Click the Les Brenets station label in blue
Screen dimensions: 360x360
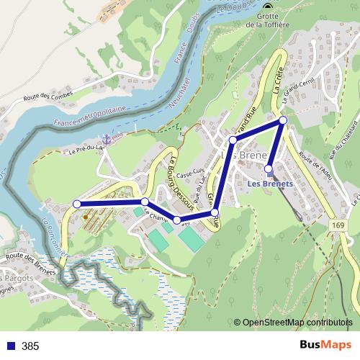(x=271, y=183)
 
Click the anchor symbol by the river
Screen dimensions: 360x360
(x=107, y=138)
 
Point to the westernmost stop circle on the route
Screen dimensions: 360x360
(x=77, y=204)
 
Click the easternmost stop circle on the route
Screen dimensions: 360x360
(x=283, y=120)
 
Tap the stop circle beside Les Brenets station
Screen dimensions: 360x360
(x=269, y=170)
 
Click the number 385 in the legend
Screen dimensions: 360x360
(x=30, y=346)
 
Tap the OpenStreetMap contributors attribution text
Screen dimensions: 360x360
(x=297, y=323)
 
